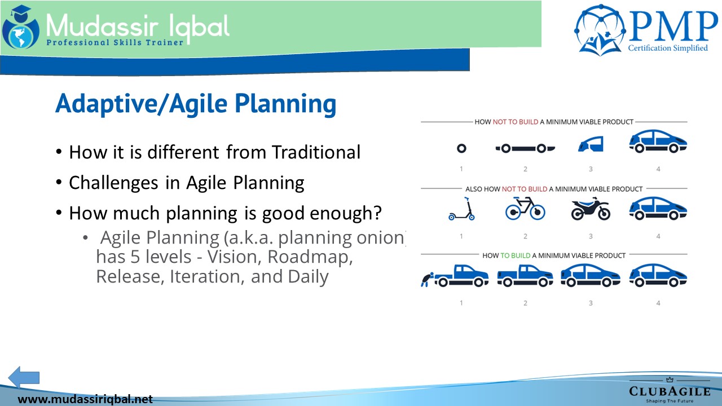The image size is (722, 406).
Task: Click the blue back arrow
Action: click(x=24, y=377)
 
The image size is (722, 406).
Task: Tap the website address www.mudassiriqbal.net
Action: click(x=85, y=399)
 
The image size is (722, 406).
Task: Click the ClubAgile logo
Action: click(x=670, y=390)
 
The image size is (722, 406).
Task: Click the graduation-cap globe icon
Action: click(x=21, y=28)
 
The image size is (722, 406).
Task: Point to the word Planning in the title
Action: click(x=285, y=104)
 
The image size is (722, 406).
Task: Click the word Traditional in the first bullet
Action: click(x=316, y=152)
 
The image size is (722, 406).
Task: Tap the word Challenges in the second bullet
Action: click(x=113, y=183)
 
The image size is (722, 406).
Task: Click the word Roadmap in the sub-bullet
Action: click(x=310, y=258)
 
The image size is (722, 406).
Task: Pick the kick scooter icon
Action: click(x=461, y=209)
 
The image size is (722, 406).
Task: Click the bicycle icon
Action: click(x=525, y=209)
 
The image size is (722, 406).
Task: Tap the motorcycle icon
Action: click(x=591, y=209)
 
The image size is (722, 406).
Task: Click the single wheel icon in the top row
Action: click(x=461, y=148)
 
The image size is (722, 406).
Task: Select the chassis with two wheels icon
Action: click(x=525, y=148)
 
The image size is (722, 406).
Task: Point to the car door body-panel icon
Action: click(x=591, y=144)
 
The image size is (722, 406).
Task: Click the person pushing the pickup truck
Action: click(x=427, y=280)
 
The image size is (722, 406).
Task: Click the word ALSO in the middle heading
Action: click(x=473, y=189)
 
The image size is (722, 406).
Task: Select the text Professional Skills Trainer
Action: click(x=115, y=42)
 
